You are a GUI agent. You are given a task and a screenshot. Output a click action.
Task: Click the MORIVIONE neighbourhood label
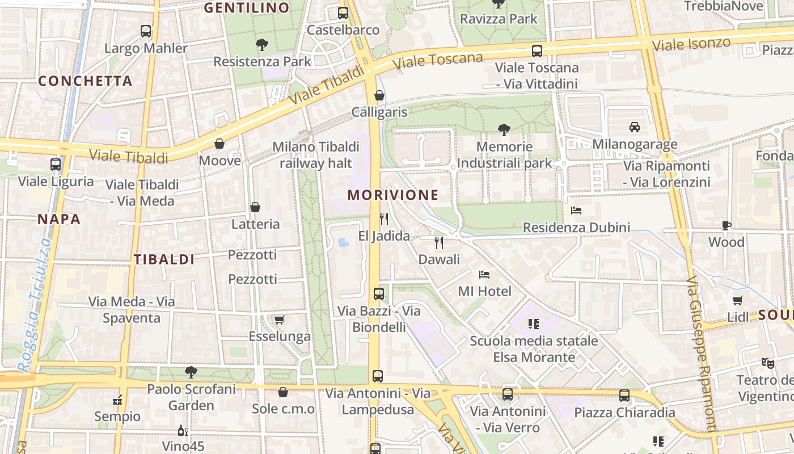point(393,195)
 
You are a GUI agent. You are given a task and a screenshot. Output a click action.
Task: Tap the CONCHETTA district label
point(85,81)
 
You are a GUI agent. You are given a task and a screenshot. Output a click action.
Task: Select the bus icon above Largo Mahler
point(146,31)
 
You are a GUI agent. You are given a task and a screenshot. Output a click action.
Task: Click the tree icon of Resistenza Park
point(262,45)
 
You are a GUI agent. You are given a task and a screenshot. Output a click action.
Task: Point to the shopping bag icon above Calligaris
point(379,95)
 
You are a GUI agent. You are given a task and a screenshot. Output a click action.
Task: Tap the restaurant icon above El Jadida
point(384,219)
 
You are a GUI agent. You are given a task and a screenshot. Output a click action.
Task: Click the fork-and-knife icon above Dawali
point(438,243)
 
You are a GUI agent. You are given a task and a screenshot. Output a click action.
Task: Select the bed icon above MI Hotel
point(484,275)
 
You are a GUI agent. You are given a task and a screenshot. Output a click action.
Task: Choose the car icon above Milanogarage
point(635,127)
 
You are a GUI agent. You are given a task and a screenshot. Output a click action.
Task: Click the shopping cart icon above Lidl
point(737,301)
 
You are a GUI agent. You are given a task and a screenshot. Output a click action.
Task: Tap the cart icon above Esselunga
point(279,320)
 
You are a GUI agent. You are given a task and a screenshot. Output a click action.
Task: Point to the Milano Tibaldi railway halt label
point(316,155)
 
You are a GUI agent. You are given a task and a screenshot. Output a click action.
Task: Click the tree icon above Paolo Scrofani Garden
point(191,372)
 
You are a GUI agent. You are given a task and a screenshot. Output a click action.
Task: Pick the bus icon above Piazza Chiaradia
point(624,396)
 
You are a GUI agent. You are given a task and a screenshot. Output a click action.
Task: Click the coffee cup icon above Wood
point(727,225)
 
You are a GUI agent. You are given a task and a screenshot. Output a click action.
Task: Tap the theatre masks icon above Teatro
point(767,363)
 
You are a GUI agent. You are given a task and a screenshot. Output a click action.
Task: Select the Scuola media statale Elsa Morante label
point(534,349)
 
